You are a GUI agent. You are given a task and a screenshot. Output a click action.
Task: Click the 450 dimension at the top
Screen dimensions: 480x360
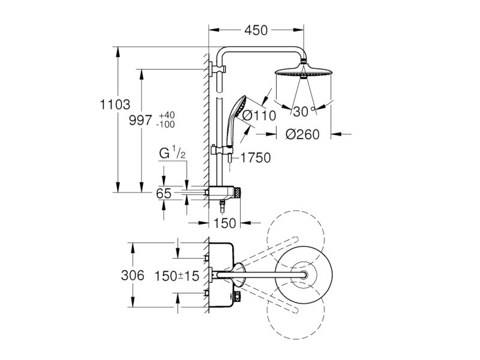(x=256, y=30)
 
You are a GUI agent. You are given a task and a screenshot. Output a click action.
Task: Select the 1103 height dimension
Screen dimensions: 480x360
(x=115, y=104)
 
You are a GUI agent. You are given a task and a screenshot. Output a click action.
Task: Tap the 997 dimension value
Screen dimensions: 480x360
(x=140, y=121)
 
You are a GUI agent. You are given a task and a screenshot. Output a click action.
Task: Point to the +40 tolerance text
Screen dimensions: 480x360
(x=167, y=115)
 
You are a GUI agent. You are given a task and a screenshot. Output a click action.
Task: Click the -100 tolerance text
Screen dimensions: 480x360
(x=166, y=125)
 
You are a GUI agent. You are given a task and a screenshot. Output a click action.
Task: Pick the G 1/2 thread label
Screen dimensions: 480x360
(x=172, y=152)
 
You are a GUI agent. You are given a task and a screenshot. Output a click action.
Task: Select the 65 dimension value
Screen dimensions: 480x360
(x=163, y=193)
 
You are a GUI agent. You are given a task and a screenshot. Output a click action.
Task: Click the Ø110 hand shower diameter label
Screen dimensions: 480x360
(x=259, y=116)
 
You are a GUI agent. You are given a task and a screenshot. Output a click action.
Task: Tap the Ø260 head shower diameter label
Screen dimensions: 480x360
(x=302, y=134)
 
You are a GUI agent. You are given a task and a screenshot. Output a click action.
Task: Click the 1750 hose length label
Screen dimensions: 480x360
(x=256, y=158)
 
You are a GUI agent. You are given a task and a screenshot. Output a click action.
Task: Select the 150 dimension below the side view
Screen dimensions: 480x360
(x=224, y=223)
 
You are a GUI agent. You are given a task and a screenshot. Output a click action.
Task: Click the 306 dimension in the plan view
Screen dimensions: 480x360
(x=132, y=275)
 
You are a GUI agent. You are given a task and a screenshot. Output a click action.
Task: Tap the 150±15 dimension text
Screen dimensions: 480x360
(x=177, y=276)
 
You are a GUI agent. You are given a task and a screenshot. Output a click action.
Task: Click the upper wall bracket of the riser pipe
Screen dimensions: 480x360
(x=218, y=69)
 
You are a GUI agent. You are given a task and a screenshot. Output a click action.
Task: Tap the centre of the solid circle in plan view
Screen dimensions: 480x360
(x=304, y=275)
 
